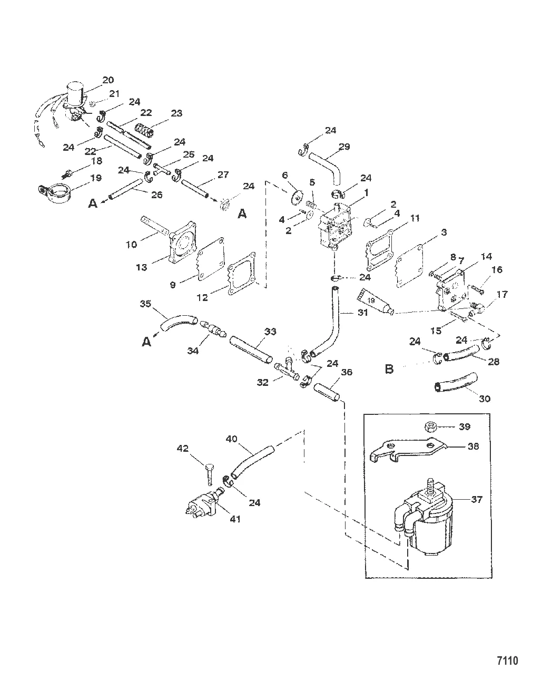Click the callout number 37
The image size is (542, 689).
click(x=476, y=499)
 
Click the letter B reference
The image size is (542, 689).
click(x=389, y=369)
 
